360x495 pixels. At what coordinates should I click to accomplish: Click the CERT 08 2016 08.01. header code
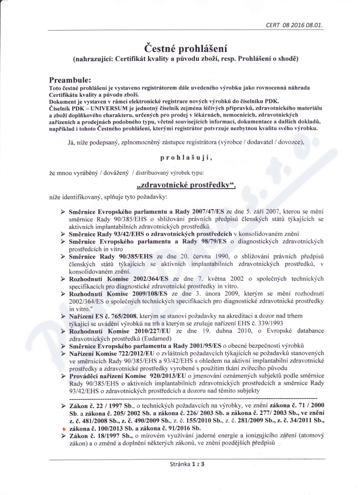point(294,26)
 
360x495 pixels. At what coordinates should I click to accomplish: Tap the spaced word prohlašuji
point(185,158)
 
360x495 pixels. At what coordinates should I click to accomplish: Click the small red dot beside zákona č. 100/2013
point(63,429)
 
